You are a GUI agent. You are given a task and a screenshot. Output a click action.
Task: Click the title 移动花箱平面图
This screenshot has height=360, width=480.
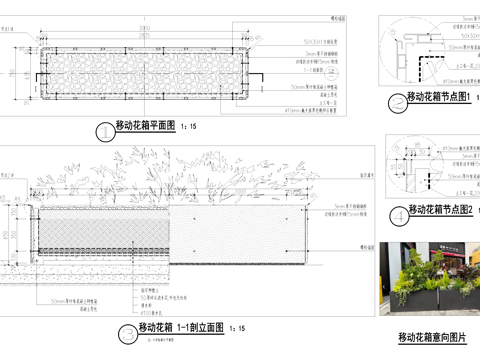click(x=145, y=127)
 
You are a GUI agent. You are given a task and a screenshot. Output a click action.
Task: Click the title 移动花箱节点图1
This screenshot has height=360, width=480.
click(x=440, y=97)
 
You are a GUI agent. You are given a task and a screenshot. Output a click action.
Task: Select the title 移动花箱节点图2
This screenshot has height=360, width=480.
click(x=441, y=210)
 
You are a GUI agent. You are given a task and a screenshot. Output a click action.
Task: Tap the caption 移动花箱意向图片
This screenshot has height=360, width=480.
click(x=432, y=336)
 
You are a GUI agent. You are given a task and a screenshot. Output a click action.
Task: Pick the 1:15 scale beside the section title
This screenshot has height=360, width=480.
click(x=237, y=329)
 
